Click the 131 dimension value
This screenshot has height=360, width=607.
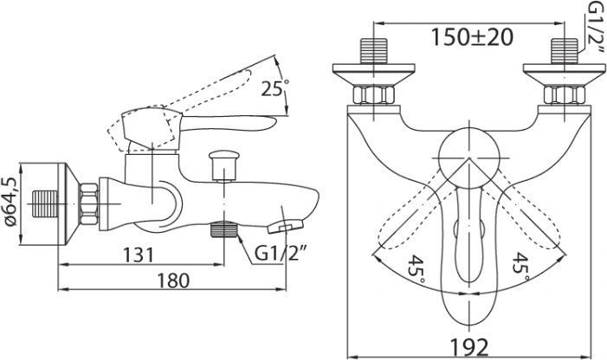(x=139, y=254)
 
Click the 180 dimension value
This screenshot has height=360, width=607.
(x=173, y=280)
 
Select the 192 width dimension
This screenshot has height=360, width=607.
(x=469, y=347)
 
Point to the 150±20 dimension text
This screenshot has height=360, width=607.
(x=472, y=37)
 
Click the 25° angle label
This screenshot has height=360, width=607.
(x=275, y=88)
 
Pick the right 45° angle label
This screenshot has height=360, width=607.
(x=521, y=267)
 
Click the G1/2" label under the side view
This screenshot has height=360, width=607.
(x=281, y=254)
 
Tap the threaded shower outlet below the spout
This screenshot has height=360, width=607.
(x=223, y=229)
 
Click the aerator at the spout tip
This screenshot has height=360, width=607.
(x=286, y=226)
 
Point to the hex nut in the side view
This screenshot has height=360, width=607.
(x=88, y=203)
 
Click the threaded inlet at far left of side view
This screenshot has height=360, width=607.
(x=44, y=203)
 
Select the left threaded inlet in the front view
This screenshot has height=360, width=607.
(x=373, y=51)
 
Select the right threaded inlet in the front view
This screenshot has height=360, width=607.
(x=564, y=51)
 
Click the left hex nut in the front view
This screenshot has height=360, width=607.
(x=373, y=95)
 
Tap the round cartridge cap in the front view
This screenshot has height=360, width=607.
(x=469, y=158)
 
